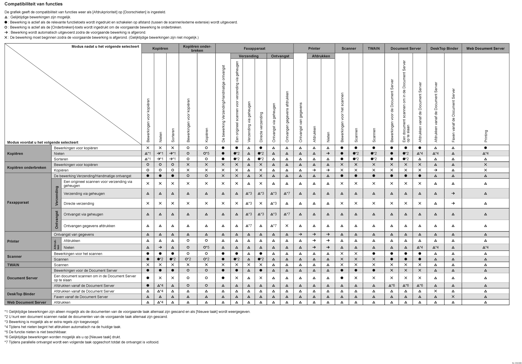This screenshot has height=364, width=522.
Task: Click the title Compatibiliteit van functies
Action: [34, 4]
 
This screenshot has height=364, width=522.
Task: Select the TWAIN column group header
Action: [374, 48]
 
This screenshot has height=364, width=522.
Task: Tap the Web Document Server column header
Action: [485, 48]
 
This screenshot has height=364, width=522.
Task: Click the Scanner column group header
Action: [349, 48]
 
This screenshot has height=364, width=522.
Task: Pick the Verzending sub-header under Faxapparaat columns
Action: [248, 56]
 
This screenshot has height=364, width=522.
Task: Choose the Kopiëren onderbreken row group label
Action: [27, 167]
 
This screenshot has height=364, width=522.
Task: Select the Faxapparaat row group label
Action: [18, 202]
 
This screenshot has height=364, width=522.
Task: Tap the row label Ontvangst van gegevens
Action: [74, 235]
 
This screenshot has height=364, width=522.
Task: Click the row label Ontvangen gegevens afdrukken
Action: [89, 226]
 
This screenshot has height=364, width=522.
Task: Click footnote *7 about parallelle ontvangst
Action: [82, 342]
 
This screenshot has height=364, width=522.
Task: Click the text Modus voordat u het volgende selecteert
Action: [43, 143]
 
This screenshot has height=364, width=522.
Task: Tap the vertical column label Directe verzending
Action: [261, 127]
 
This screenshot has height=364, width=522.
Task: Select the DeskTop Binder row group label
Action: [21, 294]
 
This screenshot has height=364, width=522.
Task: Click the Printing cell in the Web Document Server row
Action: [485, 303]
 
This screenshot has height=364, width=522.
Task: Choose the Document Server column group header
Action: [405, 48]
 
